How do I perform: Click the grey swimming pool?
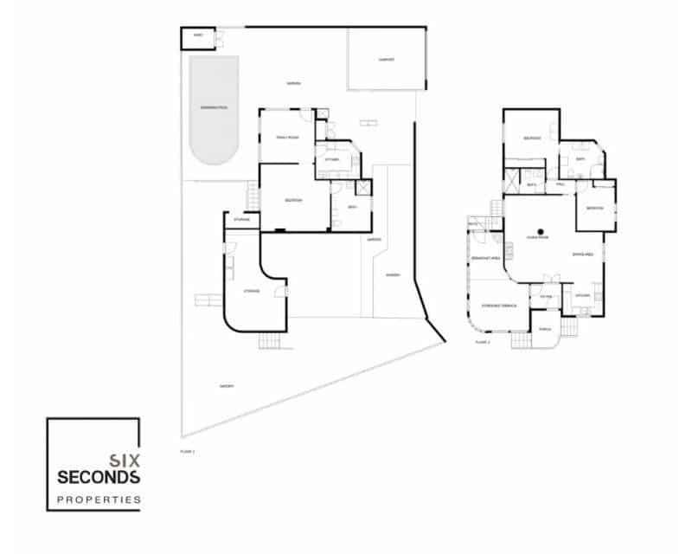(x=214, y=111)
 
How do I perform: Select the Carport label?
(x=387, y=60)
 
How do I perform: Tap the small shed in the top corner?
(x=198, y=37)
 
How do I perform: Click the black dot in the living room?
(x=539, y=231)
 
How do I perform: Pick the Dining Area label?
(x=582, y=254)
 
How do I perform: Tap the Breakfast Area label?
(x=481, y=258)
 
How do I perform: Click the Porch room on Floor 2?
(x=545, y=330)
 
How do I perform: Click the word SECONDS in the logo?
(x=95, y=477)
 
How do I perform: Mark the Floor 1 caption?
(x=188, y=451)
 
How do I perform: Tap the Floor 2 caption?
(x=483, y=344)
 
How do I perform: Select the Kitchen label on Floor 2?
(x=582, y=295)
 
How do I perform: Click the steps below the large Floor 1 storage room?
(x=272, y=340)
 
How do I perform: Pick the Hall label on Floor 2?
(x=561, y=184)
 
